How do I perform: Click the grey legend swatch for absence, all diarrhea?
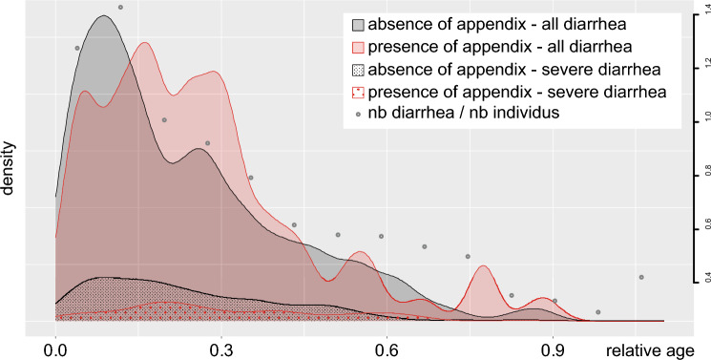point(359,24)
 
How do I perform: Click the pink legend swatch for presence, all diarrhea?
point(359,47)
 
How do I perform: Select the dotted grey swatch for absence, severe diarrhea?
point(359,70)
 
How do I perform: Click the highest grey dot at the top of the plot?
point(120,8)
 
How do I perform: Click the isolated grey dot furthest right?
point(641,277)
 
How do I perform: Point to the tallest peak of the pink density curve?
point(144,43)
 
